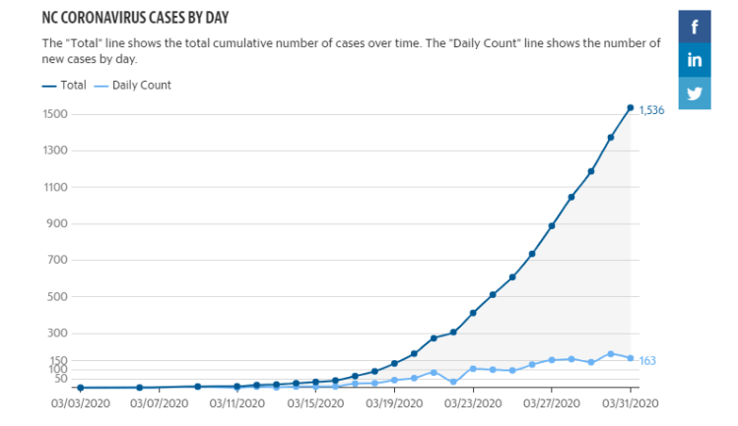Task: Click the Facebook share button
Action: pos(695,27)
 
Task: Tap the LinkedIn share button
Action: pos(695,60)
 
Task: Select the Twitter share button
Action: pos(695,93)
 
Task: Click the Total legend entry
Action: pos(65,86)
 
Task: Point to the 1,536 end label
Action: pos(651,110)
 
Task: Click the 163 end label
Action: pos(647,361)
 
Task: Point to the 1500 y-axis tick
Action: pos(54,114)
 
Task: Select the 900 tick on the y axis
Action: pos(57,224)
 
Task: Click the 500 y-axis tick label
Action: pos(57,297)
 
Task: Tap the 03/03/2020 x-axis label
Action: pos(80,402)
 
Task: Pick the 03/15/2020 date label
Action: pos(315,402)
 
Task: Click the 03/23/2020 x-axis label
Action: pos(473,402)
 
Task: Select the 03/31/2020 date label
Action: pos(631,402)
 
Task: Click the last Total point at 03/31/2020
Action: pos(631,108)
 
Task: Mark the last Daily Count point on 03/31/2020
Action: pos(631,358)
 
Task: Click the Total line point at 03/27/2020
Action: pos(552,225)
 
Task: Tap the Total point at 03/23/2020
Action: pos(473,313)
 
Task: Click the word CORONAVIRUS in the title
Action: pos(116,19)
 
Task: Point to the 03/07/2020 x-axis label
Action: pos(159,402)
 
